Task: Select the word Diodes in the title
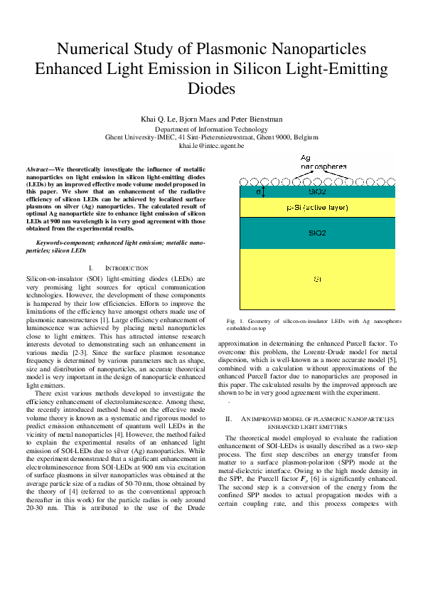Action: (x=211, y=90)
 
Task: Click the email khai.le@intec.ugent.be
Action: (x=211, y=145)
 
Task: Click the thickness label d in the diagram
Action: (x=257, y=191)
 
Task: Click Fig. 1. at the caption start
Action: (x=235, y=322)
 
